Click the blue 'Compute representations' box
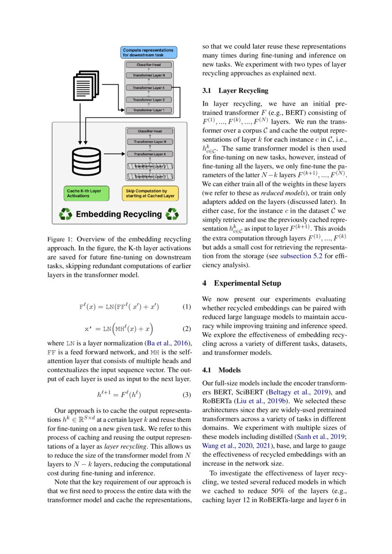click(x=149, y=52)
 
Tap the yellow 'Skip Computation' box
click(x=150, y=193)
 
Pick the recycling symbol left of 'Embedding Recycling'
click(x=65, y=214)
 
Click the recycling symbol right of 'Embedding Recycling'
click(x=172, y=214)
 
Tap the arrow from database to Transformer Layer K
click(x=114, y=154)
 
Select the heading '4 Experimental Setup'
click(x=241, y=283)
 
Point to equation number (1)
click(x=186, y=307)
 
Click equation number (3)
click(x=186, y=394)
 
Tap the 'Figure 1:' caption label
click(x=62, y=239)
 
